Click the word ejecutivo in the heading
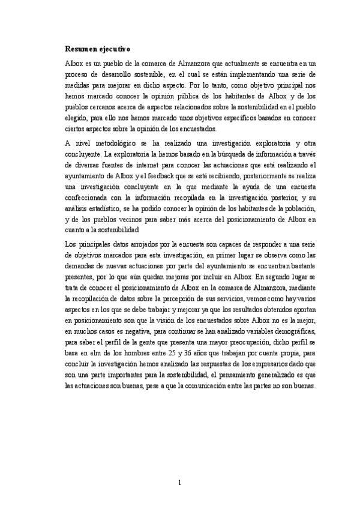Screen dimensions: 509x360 pyautogui.click(x=117, y=48)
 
